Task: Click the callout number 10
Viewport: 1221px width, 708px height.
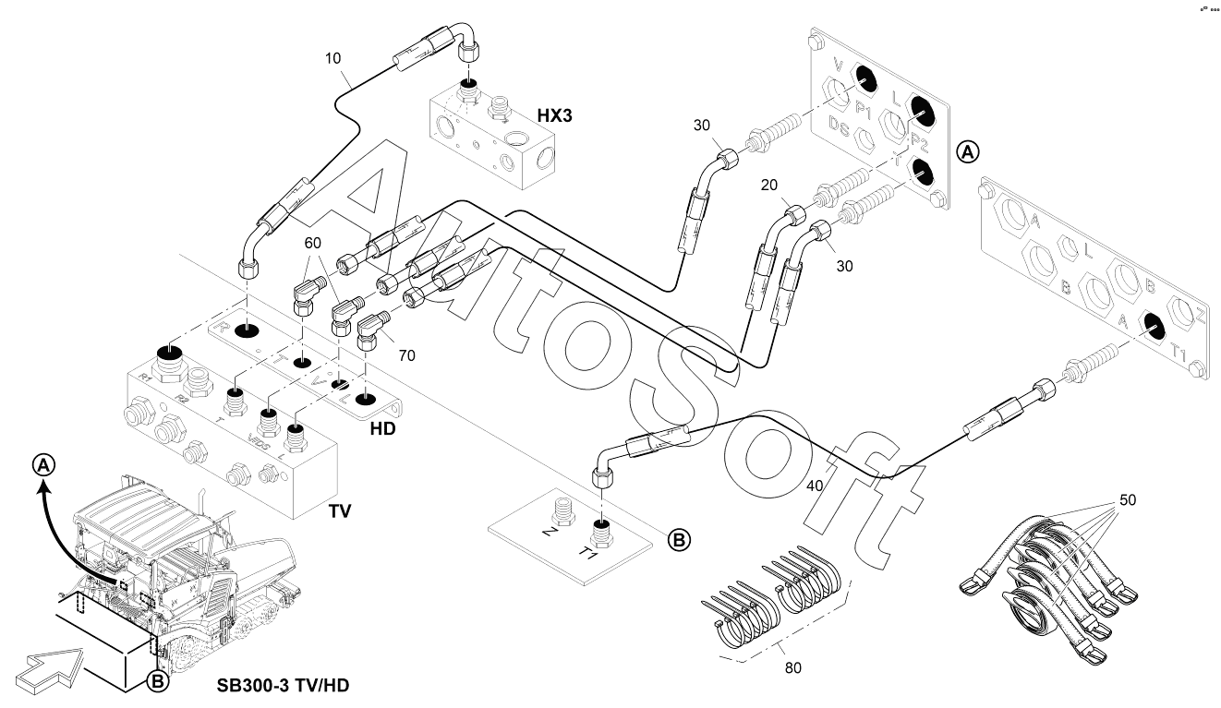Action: coord(333,57)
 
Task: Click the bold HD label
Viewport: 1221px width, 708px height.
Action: coord(383,430)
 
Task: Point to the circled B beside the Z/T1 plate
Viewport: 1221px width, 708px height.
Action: coord(679,539)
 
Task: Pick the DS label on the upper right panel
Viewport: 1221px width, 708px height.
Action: coord(839,126)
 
